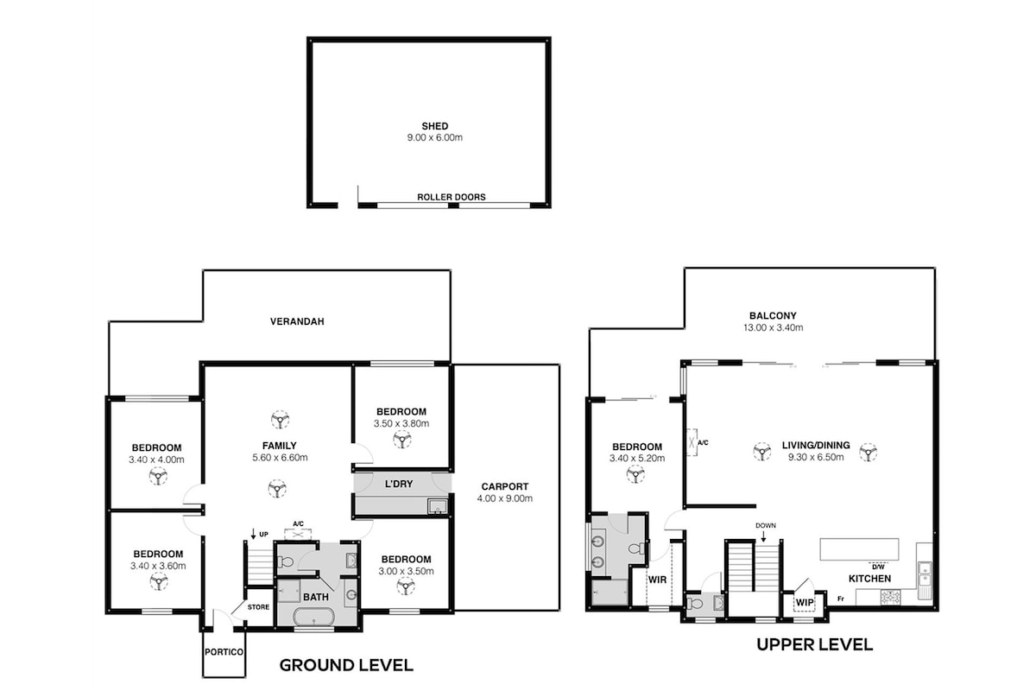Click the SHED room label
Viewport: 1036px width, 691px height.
435,126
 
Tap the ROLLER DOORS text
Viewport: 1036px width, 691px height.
452,197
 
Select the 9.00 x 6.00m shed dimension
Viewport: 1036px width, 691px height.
435,137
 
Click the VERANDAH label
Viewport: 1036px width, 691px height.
297,321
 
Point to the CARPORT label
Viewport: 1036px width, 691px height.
504,486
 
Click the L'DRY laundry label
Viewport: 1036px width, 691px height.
399,484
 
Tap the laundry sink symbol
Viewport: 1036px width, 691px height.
437,506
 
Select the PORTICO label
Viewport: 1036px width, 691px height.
224,652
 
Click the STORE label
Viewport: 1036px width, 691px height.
258,606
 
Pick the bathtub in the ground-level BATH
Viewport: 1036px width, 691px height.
313,618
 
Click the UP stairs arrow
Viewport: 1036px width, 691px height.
253,534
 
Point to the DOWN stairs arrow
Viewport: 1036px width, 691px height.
763,536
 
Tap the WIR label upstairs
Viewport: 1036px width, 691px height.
657,580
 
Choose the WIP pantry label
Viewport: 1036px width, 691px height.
805,603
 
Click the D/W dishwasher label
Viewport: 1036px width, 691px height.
878,567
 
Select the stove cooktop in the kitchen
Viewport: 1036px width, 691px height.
890,597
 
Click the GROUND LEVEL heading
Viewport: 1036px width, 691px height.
346,665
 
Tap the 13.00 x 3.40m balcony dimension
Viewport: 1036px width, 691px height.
774,327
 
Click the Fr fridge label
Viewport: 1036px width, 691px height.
840,599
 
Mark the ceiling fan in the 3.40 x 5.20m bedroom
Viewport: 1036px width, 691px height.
635,474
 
